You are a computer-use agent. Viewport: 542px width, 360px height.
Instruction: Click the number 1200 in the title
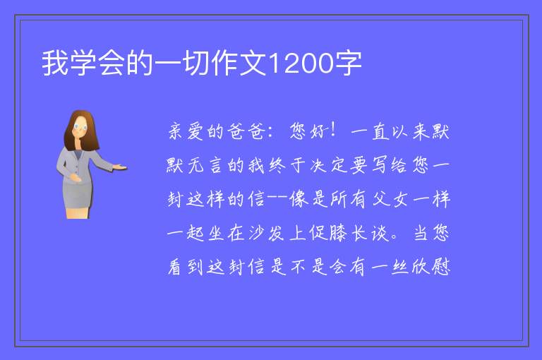301,64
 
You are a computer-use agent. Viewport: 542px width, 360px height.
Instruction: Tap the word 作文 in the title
240,64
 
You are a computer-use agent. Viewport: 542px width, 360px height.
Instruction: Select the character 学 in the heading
84,64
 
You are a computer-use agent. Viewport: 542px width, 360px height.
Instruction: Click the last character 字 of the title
348,64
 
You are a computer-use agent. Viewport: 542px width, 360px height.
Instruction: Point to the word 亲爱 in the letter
186,131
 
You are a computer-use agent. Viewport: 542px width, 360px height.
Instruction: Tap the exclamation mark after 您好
333,130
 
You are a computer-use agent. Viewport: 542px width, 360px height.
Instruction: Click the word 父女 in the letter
390,199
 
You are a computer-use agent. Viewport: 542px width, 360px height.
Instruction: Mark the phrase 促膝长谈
349,233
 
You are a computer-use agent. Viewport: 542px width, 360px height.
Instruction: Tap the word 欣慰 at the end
430,267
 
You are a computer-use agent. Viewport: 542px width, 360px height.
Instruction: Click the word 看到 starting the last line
186,267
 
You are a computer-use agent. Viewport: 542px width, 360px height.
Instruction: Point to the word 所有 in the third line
347,199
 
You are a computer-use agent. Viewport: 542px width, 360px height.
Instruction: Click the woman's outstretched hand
119,167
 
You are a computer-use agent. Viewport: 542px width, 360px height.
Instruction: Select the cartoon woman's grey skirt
78,196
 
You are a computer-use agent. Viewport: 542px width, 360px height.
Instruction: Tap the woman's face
80,127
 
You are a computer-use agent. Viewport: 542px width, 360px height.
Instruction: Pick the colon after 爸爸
270,132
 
